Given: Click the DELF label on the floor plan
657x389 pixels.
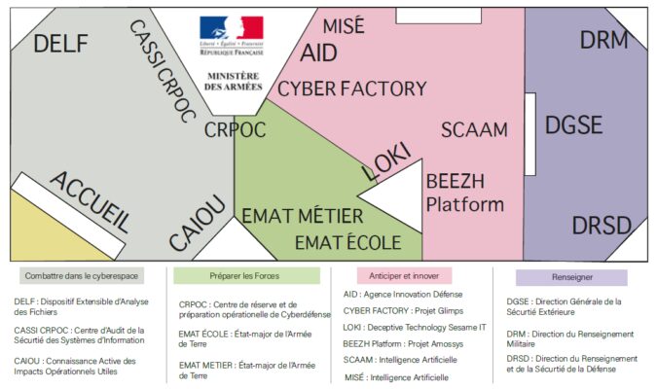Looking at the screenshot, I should point(60,44).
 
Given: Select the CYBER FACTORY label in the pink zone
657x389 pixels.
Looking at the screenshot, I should point(352,88).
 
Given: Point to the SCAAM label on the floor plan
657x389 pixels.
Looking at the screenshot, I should point(474,130).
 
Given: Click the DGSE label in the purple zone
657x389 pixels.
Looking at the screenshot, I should point(573,125).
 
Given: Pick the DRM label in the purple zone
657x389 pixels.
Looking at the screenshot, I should point(604,40).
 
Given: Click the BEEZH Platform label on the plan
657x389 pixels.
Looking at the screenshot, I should point(465,193).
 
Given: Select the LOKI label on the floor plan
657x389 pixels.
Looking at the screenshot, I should point(386,160).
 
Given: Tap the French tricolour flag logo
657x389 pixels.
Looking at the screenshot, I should point(232,29).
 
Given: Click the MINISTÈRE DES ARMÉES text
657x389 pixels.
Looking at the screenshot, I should point(232,83).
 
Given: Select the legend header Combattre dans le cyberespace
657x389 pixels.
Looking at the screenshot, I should point(82,276).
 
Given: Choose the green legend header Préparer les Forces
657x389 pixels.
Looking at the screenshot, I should point(247,276).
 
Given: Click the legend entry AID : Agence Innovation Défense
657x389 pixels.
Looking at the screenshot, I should point(403,294).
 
